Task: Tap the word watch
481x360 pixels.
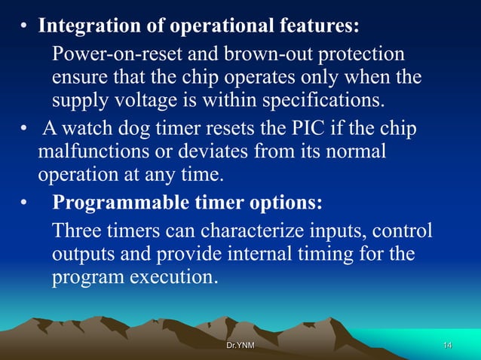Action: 90,130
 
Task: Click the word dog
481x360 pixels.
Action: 139,130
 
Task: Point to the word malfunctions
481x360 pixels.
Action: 87,153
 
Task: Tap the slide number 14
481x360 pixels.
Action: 447,345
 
